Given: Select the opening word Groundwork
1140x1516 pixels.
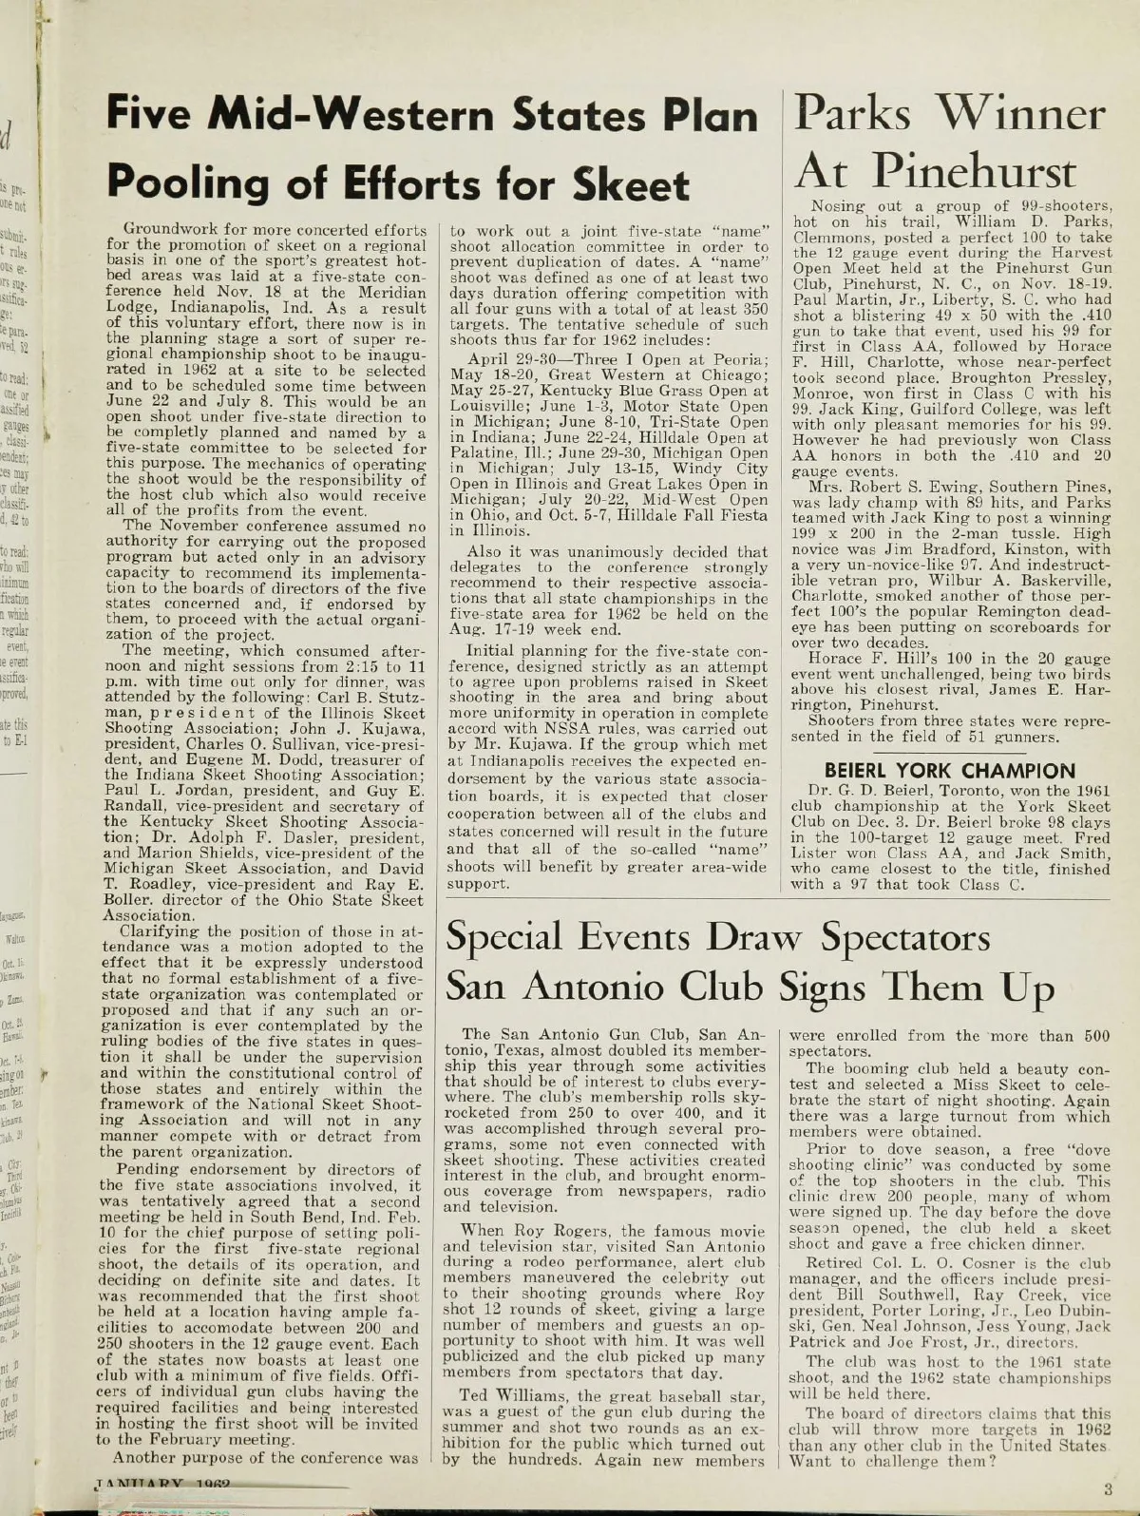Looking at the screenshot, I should point(180,231).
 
